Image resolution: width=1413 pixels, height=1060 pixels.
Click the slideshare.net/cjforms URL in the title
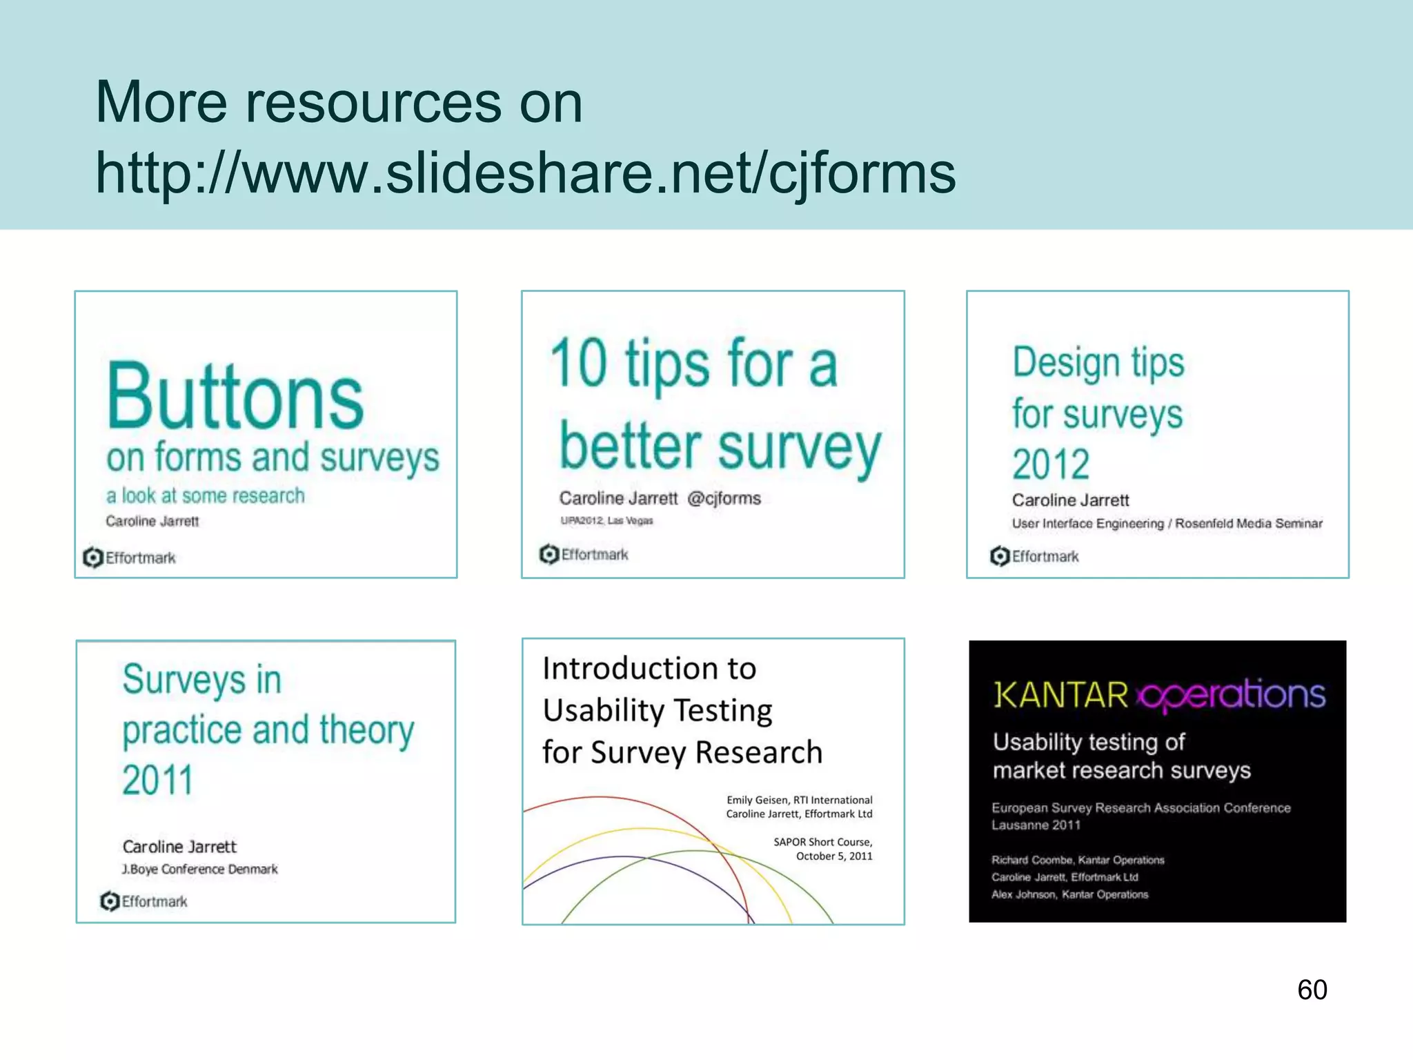click(x=524, y=173)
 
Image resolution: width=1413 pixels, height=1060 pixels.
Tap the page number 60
click(x=1312, y=990)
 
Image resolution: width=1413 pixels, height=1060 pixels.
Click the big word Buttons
click(x=235, y=397)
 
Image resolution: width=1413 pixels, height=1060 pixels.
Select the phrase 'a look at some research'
click(x=205, y=495)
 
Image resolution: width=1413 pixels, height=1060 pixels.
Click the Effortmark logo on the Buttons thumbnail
click(x=130, y=558)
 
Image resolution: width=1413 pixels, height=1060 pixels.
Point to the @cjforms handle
click(x=724, y=498)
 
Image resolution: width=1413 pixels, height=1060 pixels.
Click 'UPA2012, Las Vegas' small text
click(x=606, y=520)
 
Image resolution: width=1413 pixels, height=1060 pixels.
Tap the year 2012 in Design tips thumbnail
click(x=1051, y=463)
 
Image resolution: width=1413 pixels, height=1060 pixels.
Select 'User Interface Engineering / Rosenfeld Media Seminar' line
click(x=1167, y=524)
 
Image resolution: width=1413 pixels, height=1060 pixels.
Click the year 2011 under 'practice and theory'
click(x=157, y=780)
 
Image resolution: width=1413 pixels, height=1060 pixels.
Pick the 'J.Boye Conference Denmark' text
click(x=199, y=869)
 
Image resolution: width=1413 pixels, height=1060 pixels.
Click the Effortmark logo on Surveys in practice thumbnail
click(x=144, y=901)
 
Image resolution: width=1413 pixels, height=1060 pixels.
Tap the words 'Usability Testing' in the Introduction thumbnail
click(x=657, y=711)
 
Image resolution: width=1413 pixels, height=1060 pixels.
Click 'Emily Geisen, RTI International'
click(x=799, y=800)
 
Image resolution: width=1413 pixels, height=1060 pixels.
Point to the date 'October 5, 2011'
click(x=833, y=856)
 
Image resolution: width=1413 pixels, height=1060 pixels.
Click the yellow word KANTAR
click(x=1060, y=695)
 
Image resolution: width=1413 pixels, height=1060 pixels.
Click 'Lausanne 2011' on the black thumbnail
click(x=1036, y=825)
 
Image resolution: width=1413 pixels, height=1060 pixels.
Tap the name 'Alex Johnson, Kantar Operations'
click(x=1069, y=894)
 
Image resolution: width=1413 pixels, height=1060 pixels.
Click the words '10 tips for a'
click(x=693, y=364)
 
